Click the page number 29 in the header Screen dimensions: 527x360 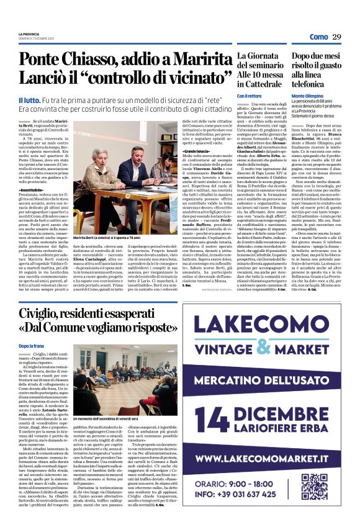coord(337,37)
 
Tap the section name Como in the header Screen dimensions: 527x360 coord(318,37)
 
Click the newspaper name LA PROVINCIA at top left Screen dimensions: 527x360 coord(29,34)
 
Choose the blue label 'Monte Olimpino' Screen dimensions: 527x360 coord(307,96)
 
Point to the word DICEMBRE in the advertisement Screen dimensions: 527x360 coord(310,413)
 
